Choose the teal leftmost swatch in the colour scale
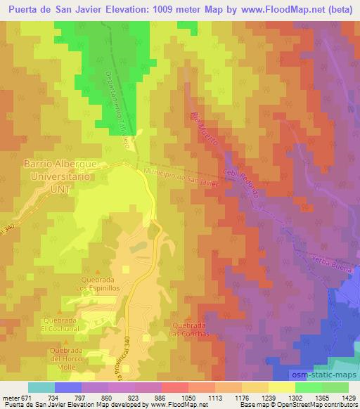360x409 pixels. click(41, 387)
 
